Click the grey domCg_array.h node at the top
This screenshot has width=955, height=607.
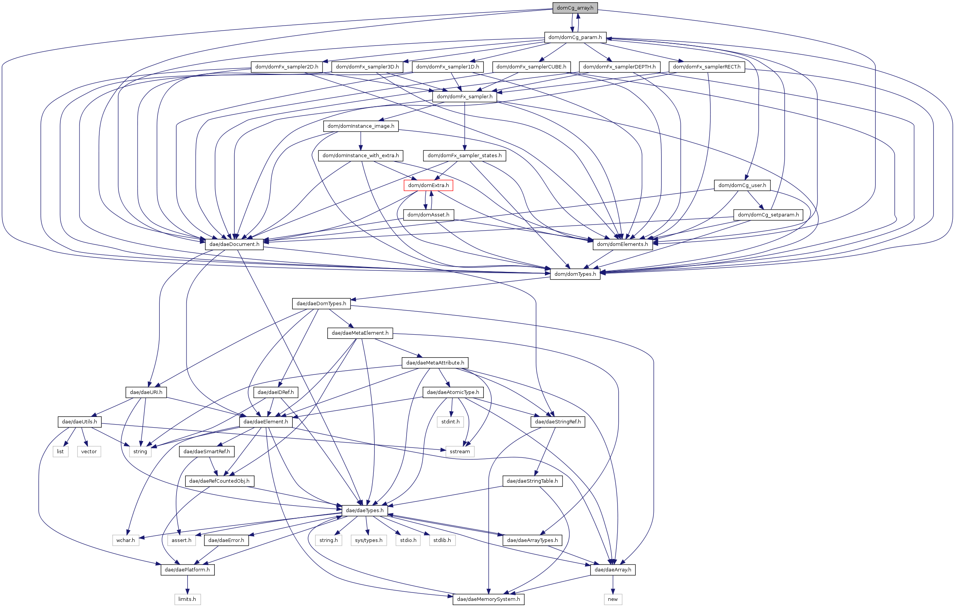point(575,8)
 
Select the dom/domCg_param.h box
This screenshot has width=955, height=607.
point(575,37)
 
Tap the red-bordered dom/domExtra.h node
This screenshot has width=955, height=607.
point(428,185)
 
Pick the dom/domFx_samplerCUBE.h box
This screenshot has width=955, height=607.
point(531,67)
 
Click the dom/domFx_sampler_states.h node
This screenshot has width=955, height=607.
point(464,155)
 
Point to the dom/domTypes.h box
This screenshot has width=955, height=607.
point(575,274)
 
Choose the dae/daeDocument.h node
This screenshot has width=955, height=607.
point(234,244)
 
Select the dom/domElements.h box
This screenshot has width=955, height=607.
point(622,244)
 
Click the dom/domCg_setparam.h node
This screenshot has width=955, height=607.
point(768,215)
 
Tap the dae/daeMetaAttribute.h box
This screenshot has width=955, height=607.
point(435,363)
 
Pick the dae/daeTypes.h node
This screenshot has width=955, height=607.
point(365,510)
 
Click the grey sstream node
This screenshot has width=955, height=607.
point(460,451)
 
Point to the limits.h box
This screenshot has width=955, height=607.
point(187,599)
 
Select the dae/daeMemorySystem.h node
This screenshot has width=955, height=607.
point(488,599)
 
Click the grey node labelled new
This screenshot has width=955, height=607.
point(613,599)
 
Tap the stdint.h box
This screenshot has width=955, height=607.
point(450,421)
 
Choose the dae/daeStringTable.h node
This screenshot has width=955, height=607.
point(532,481)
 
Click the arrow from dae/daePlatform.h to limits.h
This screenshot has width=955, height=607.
point(187,584)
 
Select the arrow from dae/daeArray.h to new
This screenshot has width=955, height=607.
point(613,584)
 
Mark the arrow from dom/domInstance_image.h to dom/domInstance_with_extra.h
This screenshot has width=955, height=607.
point(360,140)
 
